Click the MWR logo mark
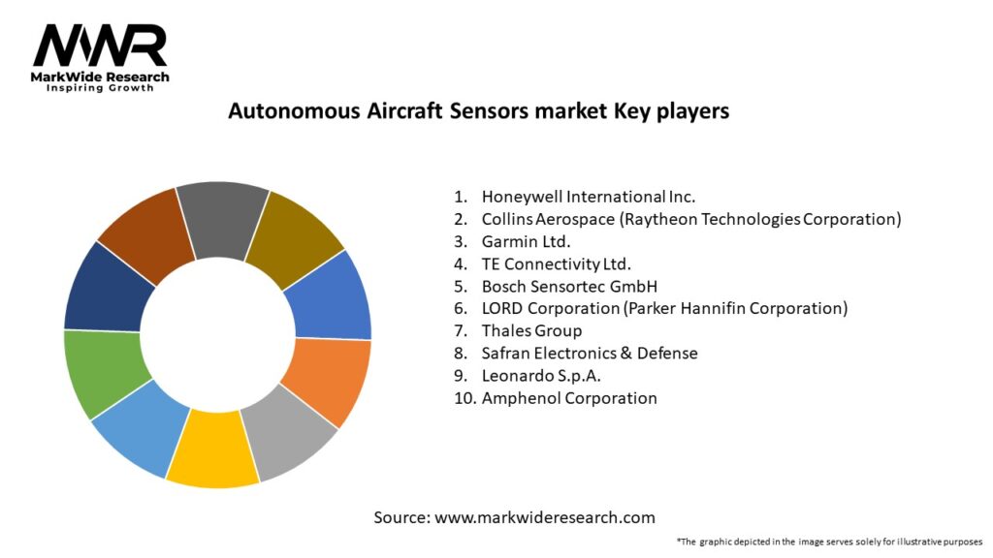point(100,46)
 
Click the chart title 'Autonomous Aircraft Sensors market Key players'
point(479,110)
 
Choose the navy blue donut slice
point(108,288)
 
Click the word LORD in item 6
point(503,309)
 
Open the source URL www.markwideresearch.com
point(545,517)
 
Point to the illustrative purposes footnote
point(830,542)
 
